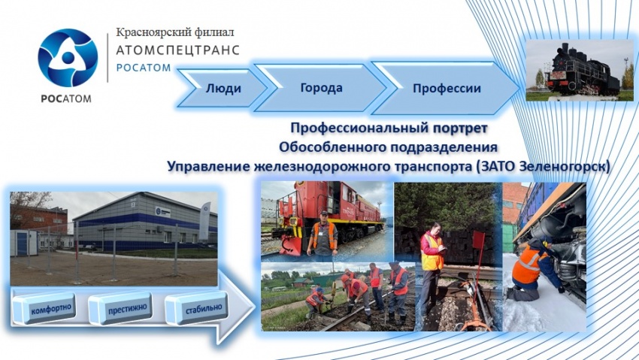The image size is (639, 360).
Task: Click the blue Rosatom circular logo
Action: click(68, 57)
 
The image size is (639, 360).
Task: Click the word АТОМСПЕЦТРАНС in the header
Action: click(177, 50)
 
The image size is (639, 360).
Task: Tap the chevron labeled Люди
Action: click(222, 88)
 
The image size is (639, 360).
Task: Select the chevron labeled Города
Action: click(320, 87)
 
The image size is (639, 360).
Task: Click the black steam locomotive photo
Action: click(580, 71)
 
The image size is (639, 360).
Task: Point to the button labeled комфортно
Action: click(44, 309)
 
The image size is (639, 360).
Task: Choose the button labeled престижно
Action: click(120, 309)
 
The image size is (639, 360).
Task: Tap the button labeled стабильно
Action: click(197, 308)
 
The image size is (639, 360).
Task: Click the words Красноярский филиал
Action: click(175, 32)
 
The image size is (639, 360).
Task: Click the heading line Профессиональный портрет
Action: click(389, 128)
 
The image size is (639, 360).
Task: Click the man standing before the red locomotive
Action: click(322, 236)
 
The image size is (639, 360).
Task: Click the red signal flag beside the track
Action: click(480, 241)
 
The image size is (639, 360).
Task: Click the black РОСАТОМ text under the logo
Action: click(66, 98)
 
